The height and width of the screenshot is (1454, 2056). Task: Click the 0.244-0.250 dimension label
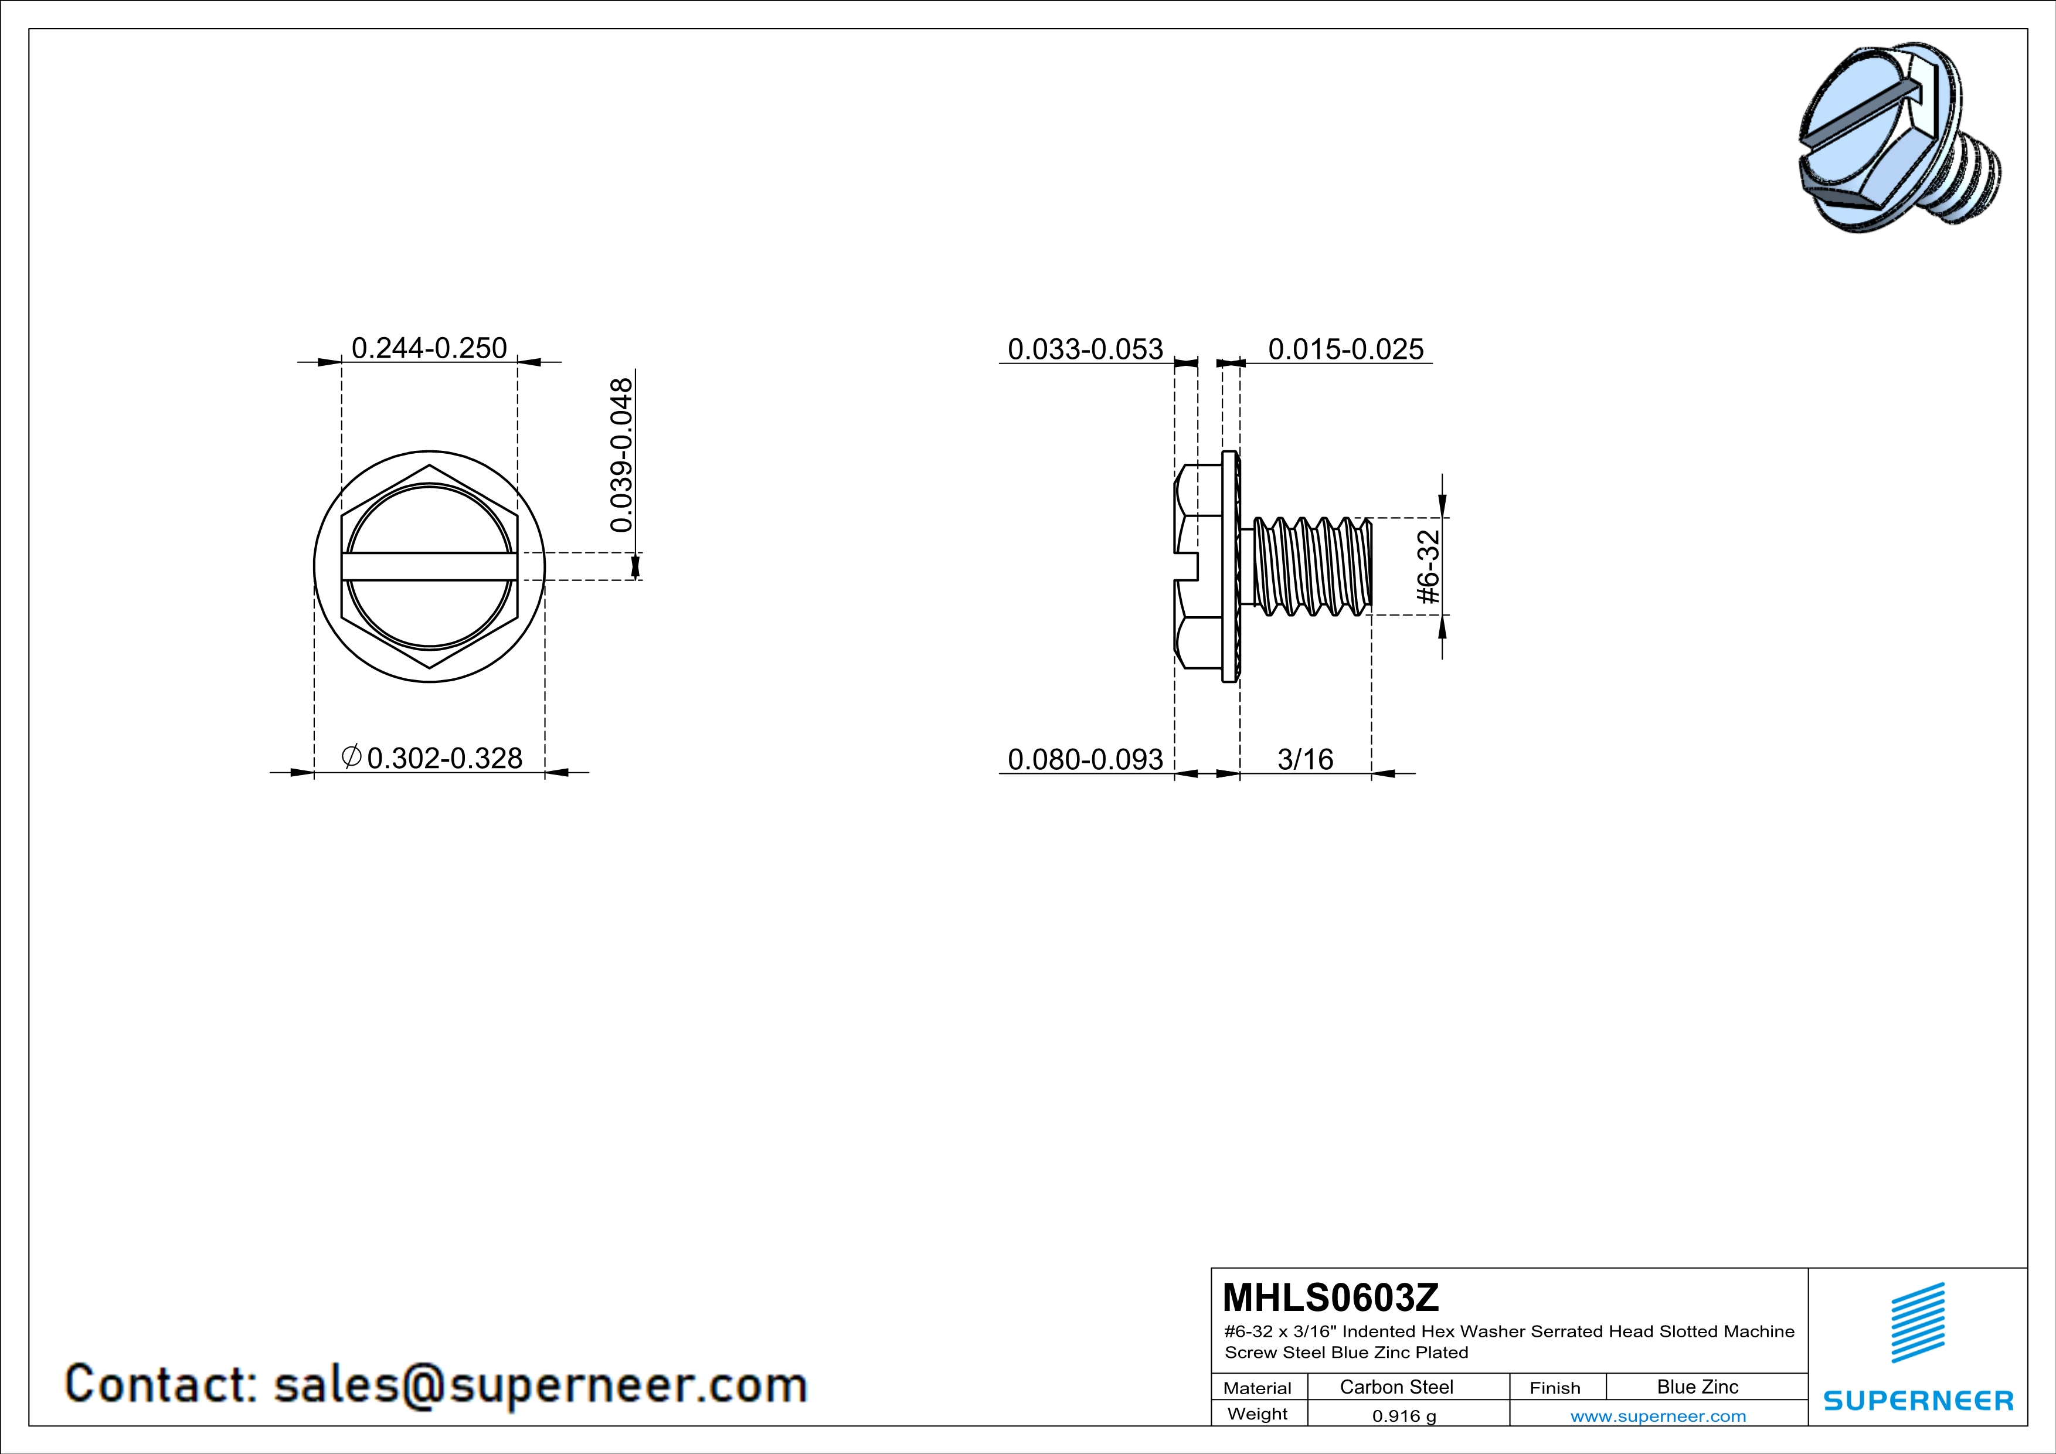coord(429,348)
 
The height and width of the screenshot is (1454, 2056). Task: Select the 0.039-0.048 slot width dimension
coord(621,455)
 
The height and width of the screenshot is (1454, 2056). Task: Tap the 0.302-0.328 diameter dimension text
coord(444,758)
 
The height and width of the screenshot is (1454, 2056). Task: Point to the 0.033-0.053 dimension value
coord(1085,349)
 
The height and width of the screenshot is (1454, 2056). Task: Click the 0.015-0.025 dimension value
coord(1346,349)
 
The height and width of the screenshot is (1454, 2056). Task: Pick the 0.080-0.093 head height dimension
coord(1085,759)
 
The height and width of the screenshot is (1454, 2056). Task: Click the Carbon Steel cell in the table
coord(1396,1387)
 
